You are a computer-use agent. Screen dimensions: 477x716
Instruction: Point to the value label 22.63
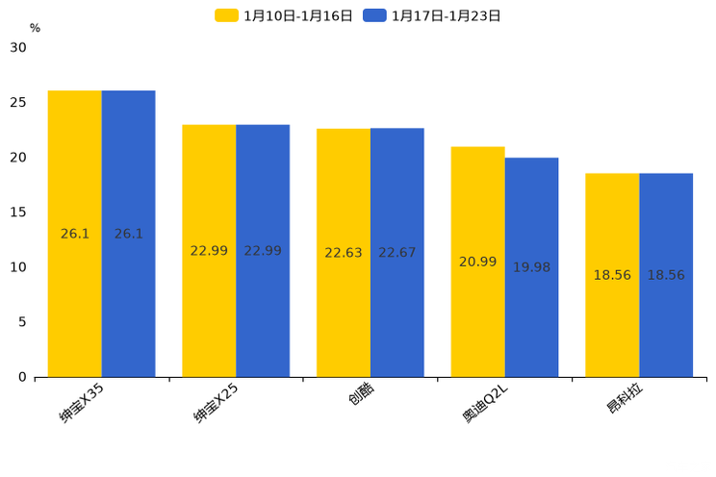point(344,253)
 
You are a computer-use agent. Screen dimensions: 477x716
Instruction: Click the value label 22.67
point(397,253)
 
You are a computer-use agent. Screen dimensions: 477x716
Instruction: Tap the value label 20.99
point(478,262)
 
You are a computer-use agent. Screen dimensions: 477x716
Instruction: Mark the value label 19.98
point(531,267)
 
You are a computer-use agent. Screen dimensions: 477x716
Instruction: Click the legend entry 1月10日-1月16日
point(284,15)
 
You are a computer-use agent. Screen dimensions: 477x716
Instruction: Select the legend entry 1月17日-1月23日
point(432,15)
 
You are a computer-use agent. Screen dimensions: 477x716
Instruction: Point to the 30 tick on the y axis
point(18,47)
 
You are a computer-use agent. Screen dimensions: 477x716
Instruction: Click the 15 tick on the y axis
point(18,213)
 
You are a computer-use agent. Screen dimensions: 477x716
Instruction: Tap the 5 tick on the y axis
point(22,322)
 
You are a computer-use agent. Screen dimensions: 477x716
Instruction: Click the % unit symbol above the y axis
point(35,28)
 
